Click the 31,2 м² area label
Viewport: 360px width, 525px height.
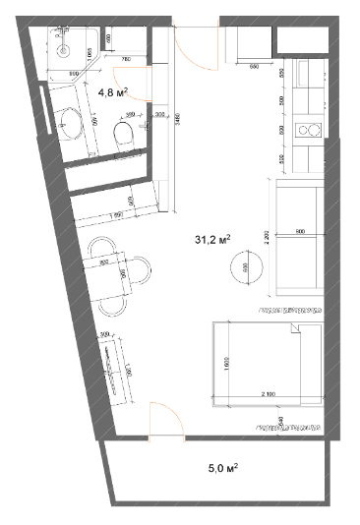click(214, 239)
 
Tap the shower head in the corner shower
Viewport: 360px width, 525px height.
click(63, 45)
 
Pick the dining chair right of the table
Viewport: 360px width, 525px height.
click(144, 270)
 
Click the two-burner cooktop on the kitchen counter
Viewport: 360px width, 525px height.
click(312, 128)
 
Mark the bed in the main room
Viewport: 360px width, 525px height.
click(266, 361)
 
